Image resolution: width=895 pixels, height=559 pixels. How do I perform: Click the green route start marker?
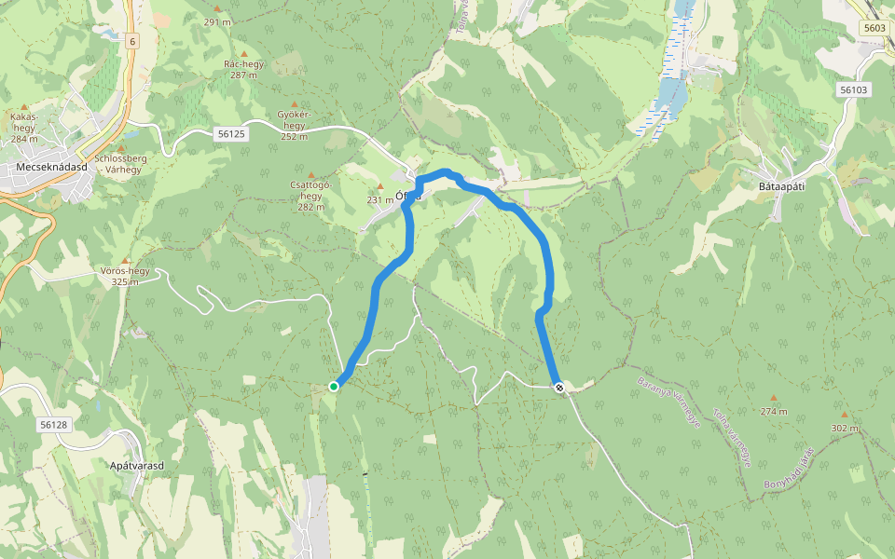(334, 386)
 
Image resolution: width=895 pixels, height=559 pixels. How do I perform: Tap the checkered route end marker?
(559, 388)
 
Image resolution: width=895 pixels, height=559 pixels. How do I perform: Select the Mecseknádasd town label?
(51, 168)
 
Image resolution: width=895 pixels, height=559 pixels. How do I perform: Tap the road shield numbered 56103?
(853, 90)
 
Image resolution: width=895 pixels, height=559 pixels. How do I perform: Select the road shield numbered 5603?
(874, 28)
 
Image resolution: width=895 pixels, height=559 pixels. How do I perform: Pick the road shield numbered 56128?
(54, 425)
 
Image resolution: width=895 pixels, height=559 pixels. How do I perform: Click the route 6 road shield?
(133, 41)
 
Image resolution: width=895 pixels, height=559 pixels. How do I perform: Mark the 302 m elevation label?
(844, 428)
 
